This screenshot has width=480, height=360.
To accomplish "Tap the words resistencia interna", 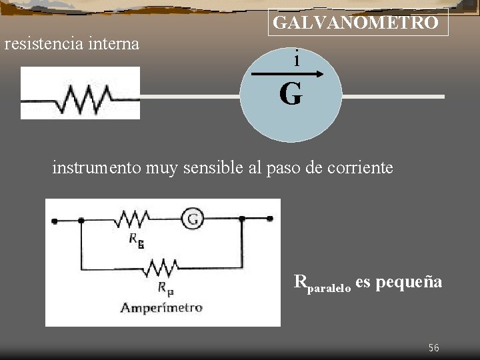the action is [72, 44].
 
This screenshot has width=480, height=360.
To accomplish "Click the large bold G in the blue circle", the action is [291, 95].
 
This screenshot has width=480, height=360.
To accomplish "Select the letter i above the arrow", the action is [296, 59].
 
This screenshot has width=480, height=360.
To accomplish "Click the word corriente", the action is [360, 167].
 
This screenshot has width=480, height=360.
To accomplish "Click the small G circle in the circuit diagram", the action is [193, 218].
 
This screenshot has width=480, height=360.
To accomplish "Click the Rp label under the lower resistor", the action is [165, 288].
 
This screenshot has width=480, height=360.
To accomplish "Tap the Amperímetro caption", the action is [161, 307].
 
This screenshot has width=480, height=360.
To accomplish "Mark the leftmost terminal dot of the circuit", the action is [55, 219].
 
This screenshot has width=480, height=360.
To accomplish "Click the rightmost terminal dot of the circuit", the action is [270, 218].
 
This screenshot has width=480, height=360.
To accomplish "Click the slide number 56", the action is [434, 348].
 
